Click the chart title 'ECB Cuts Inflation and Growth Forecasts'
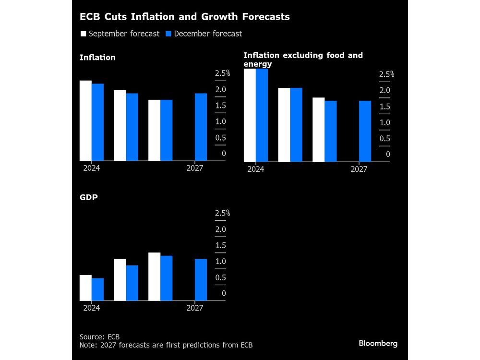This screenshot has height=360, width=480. pos(185,17)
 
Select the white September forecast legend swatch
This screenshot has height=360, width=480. pos(83,34)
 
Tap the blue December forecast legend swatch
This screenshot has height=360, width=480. pos(168,34)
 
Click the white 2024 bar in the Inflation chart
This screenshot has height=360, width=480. pos(85,120)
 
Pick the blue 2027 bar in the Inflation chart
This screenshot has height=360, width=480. pos(201,127)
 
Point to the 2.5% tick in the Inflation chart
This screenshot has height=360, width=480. pos(222,73)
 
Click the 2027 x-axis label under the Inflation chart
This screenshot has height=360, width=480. pos(194,168)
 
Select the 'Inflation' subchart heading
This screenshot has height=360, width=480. pos(97,58)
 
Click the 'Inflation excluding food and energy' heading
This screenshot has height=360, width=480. pos(303,60)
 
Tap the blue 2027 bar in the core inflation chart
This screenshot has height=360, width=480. pos(365,131)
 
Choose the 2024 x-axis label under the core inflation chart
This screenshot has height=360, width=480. pos(255,169)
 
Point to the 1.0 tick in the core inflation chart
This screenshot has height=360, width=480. pos(384,122)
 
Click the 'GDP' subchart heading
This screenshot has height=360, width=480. pos(88,197)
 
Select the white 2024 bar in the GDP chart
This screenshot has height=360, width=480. pos(85,288)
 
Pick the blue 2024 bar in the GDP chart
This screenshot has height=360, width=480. pos(97,289)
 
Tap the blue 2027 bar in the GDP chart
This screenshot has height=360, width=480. pos(201,280)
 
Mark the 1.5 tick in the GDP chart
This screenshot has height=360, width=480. pos(220,245)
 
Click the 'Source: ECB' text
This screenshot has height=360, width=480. pos(99,336)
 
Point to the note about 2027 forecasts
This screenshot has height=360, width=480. pos(166,345)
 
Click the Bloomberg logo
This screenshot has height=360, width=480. pos(378,343)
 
